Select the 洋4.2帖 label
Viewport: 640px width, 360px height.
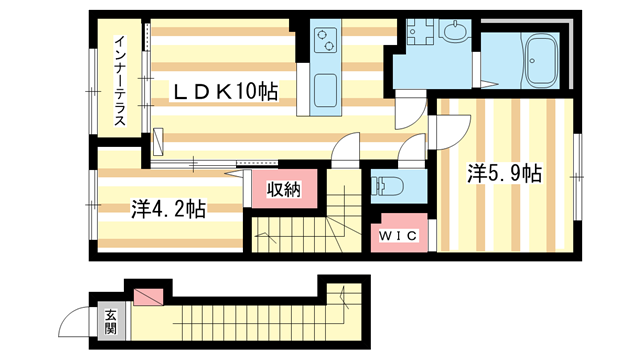coord(168,209)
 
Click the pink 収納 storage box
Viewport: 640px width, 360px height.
coord(282,188)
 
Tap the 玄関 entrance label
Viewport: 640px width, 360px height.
coord(110,321)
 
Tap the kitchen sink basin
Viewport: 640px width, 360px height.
coord(327,90)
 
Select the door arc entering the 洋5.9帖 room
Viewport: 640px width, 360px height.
coord(453,127)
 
